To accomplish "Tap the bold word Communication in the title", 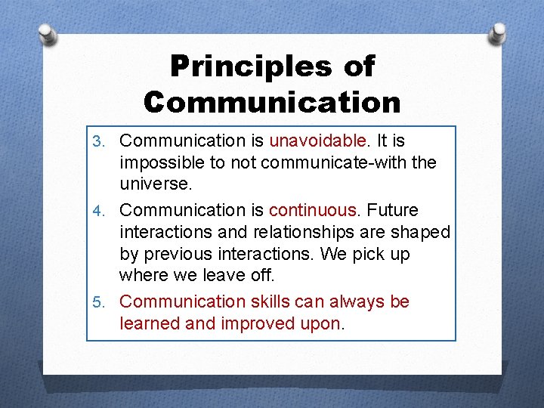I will click(x=272, y=101).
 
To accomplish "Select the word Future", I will click(x=400, y=209).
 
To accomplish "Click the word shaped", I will click(x=420, y=232).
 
